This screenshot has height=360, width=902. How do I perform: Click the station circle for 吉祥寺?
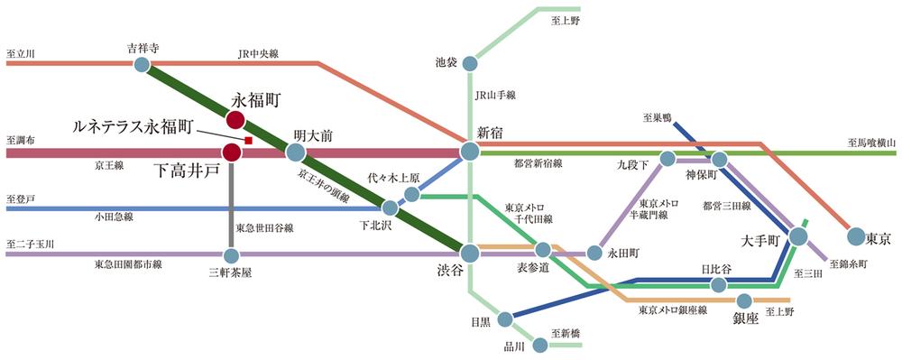[142, 64]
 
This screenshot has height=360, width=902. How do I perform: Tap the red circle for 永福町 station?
[235, 119]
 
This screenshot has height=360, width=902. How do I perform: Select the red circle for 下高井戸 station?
[232, 152]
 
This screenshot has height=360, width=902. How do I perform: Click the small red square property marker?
[248, 141]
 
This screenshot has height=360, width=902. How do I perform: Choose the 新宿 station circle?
[469, 152]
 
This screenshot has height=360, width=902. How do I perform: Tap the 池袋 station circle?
[469, 64]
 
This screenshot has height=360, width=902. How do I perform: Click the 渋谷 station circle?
[469, 252]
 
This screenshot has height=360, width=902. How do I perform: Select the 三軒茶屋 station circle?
[232, 254]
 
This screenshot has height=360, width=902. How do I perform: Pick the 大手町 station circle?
[797, 236]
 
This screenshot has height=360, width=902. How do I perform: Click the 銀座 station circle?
[745, 301]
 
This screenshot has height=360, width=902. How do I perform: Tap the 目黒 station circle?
[506, 318]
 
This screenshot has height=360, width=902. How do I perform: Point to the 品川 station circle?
[539, 343]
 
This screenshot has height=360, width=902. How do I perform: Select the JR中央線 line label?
[258, 54]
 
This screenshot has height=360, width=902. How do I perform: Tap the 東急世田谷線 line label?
[261, 227]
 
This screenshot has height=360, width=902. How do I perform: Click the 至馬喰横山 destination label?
[871, 142]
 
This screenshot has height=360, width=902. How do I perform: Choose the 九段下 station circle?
[667, 159]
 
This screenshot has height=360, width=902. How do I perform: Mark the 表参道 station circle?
[543, 250]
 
